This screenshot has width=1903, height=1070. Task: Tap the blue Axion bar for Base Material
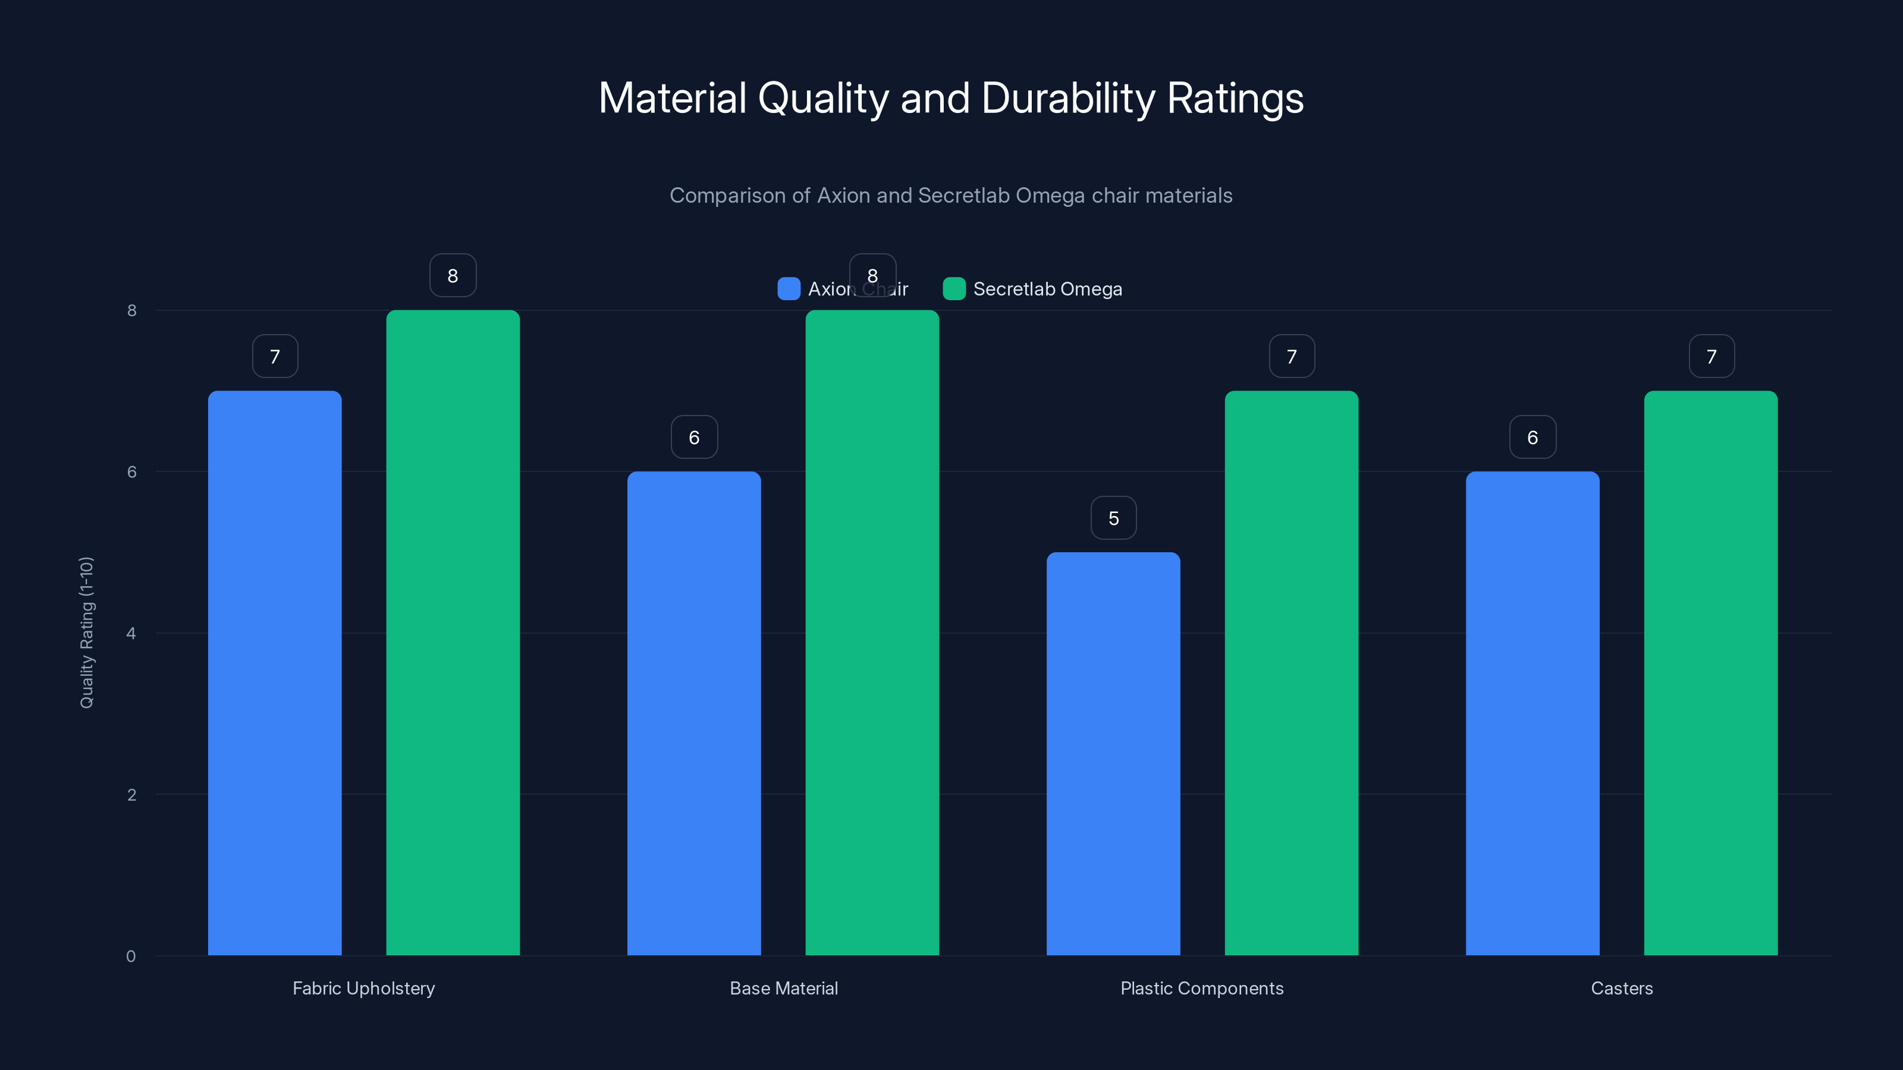pyautogui.click(x=693, y=713)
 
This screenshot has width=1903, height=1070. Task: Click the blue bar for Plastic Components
pyautogui.click(x=1113, y=753)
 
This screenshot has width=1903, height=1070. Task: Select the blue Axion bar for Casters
pyautogui.click(x=1532, y=713)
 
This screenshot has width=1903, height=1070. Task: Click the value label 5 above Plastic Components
pyautogui.click(x=1113, y=518)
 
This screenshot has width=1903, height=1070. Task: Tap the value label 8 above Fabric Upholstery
pyautogui.click(x=453, y=275)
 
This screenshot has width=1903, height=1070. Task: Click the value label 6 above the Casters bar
pyautogui.click(x=1532, y=437)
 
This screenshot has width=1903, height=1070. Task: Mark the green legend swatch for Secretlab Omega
pyautogui.click(x=954, y=289)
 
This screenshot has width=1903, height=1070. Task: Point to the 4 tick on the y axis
pyautogui.click(x=131, y=634)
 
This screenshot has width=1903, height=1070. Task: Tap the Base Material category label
pyautogui.click(x=783, y=988)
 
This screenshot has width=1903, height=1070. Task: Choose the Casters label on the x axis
pyautogui.click(x=1622, y=988)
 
